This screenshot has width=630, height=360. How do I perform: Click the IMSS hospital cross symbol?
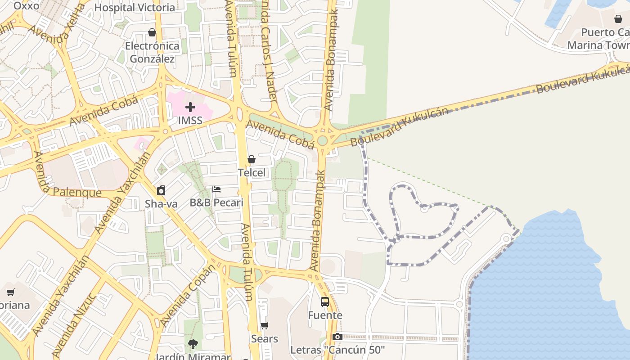[x=190, y=107]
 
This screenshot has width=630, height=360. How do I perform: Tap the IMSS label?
[x=190, y=121]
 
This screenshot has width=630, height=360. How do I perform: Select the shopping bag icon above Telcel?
[x=252, y=159]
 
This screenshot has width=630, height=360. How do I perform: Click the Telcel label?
[x=252, y=173]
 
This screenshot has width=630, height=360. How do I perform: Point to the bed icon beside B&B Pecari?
[x=216, y=189]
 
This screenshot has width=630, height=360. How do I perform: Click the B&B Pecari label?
[x=216, y=202]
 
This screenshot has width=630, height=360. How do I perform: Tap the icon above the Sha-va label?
[x=161, y=190]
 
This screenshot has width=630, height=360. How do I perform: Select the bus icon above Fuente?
[x=325, y=301]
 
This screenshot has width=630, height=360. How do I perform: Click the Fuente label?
[x=325, y=315]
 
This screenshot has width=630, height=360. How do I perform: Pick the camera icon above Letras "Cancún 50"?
[x=337, y=337]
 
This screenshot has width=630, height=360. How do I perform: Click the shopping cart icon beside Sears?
[x=265, y=325]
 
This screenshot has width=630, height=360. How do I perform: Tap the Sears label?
[x=265, y=339]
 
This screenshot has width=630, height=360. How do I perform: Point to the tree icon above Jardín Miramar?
[x=193, y=344]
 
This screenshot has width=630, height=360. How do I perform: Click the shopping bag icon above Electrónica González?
[x=152, y=32]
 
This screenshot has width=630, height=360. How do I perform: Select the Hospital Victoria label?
[x=135, y=8]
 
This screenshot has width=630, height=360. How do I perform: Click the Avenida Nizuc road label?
[x=74, y=325]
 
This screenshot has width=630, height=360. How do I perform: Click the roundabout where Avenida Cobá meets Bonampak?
[x=322, y=140]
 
